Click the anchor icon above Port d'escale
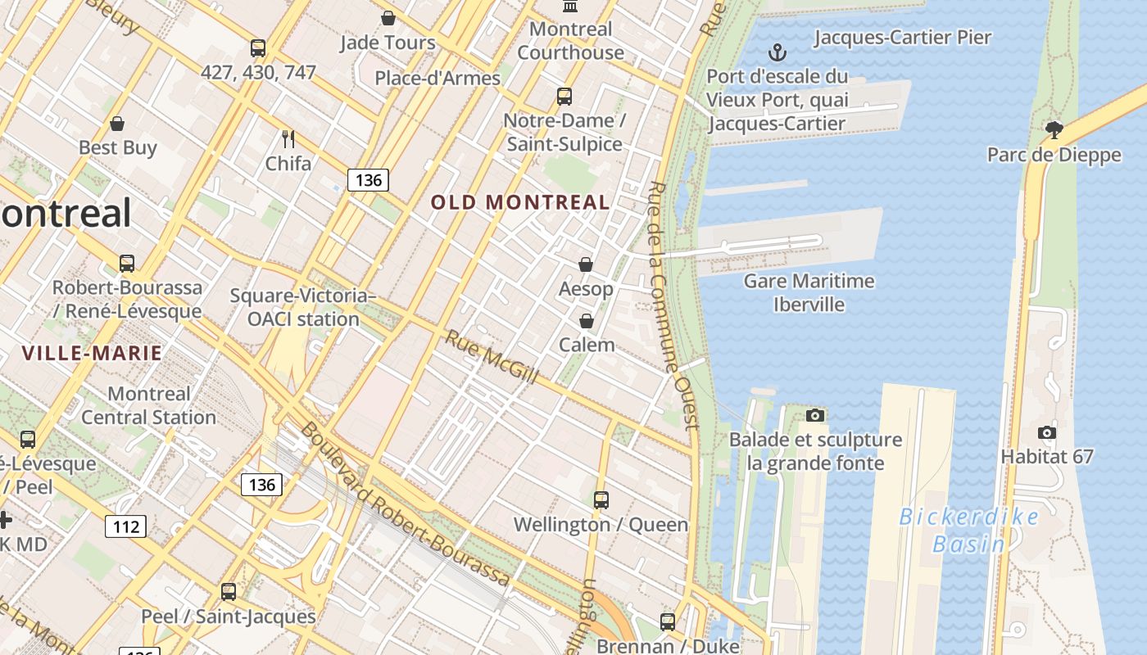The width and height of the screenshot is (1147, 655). [x=777, y=54]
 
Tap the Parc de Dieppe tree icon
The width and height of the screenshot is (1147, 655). [x=1054, y=129]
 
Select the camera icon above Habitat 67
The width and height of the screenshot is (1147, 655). [x=1046, y=432]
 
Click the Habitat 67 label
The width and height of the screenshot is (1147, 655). [x=1047, y=457]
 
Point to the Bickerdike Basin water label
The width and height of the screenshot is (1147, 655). [x=969, y=531]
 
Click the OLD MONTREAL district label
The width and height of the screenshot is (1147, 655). [x=520, y=202]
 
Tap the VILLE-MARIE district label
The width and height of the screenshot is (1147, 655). [x=92, y=354]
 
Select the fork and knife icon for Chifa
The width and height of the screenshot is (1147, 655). [x=288, y=138]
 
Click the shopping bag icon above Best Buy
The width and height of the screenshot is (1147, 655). [x=117, y=124]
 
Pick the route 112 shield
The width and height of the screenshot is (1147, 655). [x=125, y=526]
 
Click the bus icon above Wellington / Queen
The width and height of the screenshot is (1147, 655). [x=601, y=499]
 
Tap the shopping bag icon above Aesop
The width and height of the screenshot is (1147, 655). [x=586, y=264]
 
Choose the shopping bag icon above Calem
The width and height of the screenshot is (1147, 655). [x=586, y=320]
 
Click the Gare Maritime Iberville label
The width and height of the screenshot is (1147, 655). [x=809, y=293]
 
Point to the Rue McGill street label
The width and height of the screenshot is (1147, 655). [x=492, y=356]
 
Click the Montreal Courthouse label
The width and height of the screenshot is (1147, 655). [x=571, y=41]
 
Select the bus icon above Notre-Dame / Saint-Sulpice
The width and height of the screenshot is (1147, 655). [x=564, y=97]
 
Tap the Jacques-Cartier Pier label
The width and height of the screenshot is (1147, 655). [x=903, y=38]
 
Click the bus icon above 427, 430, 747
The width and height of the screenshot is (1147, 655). [x=258, y=48]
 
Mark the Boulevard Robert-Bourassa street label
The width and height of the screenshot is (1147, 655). [x=406, y=505]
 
